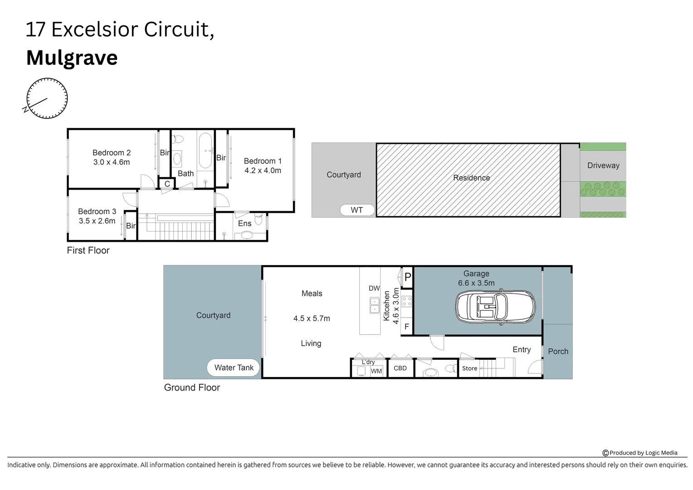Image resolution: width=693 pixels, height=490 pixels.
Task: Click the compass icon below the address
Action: point(47,98)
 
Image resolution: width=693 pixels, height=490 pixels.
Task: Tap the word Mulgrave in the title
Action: point(72,58)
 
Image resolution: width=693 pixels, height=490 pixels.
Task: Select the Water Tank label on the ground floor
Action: point(234,367)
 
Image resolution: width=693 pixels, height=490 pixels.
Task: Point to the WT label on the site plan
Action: point(357,210)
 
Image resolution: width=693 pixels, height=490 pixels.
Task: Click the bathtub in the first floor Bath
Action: point(205,150)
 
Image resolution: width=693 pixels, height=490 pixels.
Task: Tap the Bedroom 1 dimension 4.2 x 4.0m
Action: point(263,171)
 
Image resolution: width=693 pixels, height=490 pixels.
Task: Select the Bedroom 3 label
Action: point(97,211)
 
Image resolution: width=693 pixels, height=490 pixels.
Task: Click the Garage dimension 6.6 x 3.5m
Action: point(476,283)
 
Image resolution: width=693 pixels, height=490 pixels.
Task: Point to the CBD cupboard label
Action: point(400,368)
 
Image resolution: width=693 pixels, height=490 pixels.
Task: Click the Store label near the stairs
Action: point(469,368)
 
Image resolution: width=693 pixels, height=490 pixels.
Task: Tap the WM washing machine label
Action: point(376,371)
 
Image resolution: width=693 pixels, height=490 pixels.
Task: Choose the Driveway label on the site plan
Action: point(603,166)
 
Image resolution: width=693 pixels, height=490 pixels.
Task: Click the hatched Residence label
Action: point(471,178)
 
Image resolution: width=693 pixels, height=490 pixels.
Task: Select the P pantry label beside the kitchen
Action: point(407,277)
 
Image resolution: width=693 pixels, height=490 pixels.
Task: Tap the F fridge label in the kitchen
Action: point(407,327)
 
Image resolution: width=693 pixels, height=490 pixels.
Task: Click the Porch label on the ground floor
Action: point(558,351)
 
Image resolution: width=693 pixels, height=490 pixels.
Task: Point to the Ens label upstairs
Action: point(244,223)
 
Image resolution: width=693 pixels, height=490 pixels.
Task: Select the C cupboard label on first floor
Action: point(167,184)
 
